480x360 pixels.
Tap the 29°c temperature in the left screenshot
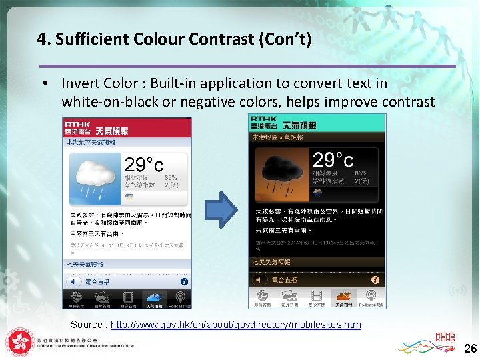coord(144,164)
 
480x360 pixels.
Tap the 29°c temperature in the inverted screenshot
coord(333,160)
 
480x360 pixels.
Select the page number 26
coord(470,349)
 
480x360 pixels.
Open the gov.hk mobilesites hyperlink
coord(235,325)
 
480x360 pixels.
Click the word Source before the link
coord(87,325)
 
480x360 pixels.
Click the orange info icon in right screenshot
coord(375,280)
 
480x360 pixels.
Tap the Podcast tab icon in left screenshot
coord(179,297)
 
